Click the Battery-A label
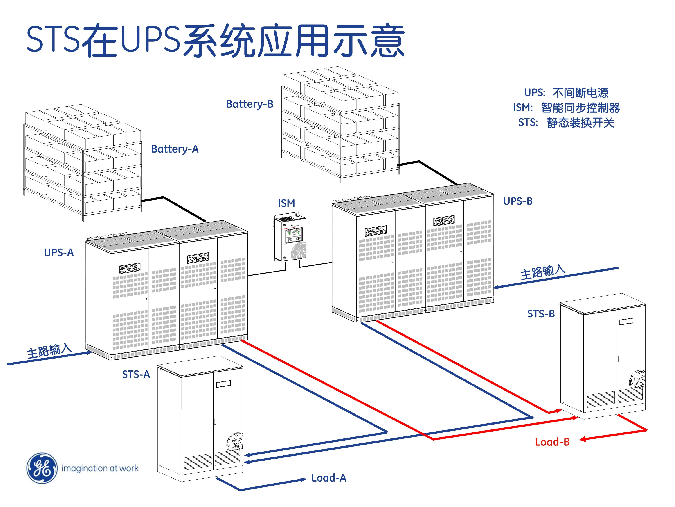[175, 149]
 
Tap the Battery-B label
[250, 104]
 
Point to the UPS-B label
[518, 201]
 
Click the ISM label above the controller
[286, 203]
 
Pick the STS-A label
[136, 374]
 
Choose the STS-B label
[541, 314]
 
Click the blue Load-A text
[329, 478]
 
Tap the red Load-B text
[552, 442]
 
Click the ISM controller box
[290, 238]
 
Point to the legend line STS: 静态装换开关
[566, 123]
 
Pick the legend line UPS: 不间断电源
[566, 93]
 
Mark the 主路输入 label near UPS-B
[542, 272]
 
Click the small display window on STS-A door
[223, 384]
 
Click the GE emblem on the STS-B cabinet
[637, 379]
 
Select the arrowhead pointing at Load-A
[303, 479]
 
